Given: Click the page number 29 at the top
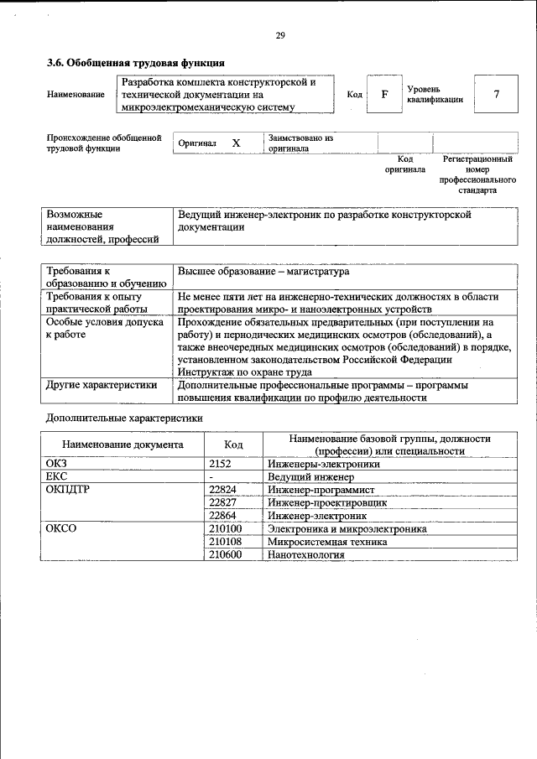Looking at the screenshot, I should [x=280, y=35].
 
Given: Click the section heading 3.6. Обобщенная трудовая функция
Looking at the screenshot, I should [x=135, y=63].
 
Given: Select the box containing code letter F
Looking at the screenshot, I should [x=384, y=94].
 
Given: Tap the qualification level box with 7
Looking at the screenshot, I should [x=496, y=94].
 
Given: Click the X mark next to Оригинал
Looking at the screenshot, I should [x=237, y=143].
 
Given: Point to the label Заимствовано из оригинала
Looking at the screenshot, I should [x=301, y=143].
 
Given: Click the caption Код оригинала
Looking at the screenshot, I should [x=405, y=164].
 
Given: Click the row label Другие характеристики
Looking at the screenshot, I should [x=102, y=386].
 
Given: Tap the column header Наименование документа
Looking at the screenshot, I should [x=123, y=445].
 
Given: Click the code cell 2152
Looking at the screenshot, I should [x=220, y=463].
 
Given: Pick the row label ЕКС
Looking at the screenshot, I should [x=56, y=476].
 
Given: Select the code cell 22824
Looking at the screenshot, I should [x=222, y=490].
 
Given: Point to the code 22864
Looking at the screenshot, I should [x=222, y=517].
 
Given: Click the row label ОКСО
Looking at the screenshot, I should [x=61, y=529].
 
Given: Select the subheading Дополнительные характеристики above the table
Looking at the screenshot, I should [x=123, y=418].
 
